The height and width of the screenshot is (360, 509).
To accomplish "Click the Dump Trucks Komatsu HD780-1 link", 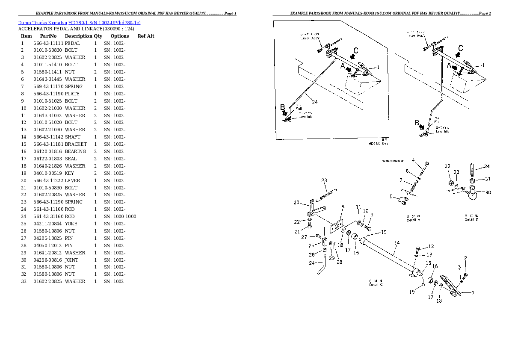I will (79, 22).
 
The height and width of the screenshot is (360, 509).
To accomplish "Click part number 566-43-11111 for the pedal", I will (48, 43).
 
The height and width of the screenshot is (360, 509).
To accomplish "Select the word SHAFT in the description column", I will (72, 137).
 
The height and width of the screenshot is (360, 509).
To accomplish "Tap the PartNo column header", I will (48, 36).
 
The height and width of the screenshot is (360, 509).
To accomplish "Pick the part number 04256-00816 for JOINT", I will (48, 260).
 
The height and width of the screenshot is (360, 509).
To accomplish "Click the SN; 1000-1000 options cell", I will (120, 216).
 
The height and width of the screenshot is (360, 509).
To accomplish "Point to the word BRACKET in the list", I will (76, 144).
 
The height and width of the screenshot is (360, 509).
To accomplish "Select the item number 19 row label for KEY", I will (24, 173).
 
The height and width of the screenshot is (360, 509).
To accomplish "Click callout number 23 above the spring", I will (324, 180).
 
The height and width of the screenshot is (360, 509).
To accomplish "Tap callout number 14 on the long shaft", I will (397, 242).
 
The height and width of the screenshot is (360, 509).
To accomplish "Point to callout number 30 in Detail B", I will (488, 192).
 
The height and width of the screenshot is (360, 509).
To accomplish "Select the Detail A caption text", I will (413, 218).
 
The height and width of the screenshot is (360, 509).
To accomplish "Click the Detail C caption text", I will (376, 283).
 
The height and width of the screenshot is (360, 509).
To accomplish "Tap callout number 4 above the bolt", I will (414, 160).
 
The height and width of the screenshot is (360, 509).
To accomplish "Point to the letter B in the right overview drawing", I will (417, 123).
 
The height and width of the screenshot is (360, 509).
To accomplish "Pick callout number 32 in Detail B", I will (447, 166).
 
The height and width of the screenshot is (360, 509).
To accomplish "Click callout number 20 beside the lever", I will (296, 202).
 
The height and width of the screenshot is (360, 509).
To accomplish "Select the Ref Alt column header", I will (146, 36).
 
